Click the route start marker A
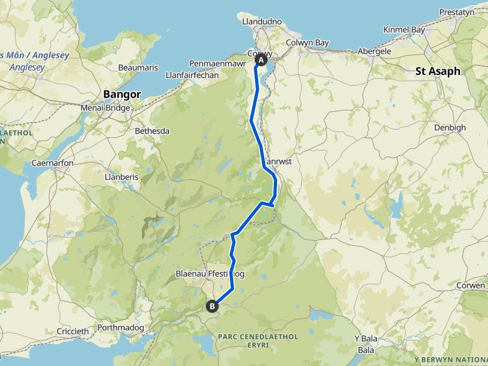click(260, 60)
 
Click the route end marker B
click(212, 307)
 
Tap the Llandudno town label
click(262, 21)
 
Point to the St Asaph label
click(438, 71)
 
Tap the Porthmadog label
click(121, 329)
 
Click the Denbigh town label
click(450, 127)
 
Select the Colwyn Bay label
click(308, 43)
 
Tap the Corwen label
click(470, 286)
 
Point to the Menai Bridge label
click(105, 107)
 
